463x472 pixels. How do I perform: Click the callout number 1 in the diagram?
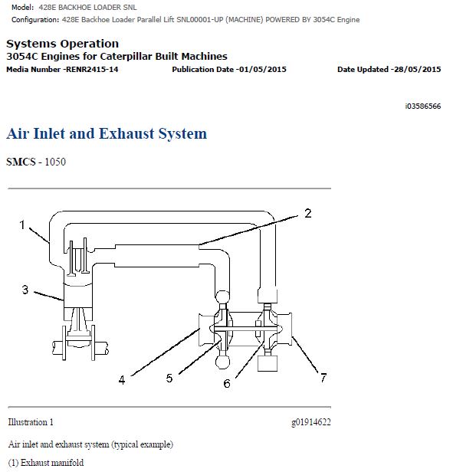[x=22, y=225]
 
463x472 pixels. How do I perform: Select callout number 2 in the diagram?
[x=307, y=214]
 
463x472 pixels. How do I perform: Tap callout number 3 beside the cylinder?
[x=25, y=290]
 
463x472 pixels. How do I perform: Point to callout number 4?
[x=122, y=380]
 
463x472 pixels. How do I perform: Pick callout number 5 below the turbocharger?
[x=169, y=378]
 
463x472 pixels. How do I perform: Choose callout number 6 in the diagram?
[x=227, y=383]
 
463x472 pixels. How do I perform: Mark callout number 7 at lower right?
[x=323, y=378]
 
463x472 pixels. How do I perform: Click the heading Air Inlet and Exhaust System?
[x=107, y=133]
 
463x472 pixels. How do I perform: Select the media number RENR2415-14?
[x=92, y=70]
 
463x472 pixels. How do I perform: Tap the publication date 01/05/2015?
[x=262, y=70]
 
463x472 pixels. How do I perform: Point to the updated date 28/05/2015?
[x=418, y=70]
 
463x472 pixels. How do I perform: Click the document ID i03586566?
[x=423, y=107]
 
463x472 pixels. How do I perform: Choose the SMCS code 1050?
[x=55, y=162]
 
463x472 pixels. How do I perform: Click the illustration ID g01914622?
[x=311, y=422]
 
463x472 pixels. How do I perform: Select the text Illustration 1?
[x=31, y=422]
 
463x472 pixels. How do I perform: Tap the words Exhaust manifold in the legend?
[x=52, y=462]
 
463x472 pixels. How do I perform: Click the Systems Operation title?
[x=63, y=44]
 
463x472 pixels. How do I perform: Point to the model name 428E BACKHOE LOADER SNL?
[x=87, y=8]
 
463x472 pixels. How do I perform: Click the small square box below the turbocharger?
[x=268, y=363]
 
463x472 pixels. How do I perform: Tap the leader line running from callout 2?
[x=248, y=230]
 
